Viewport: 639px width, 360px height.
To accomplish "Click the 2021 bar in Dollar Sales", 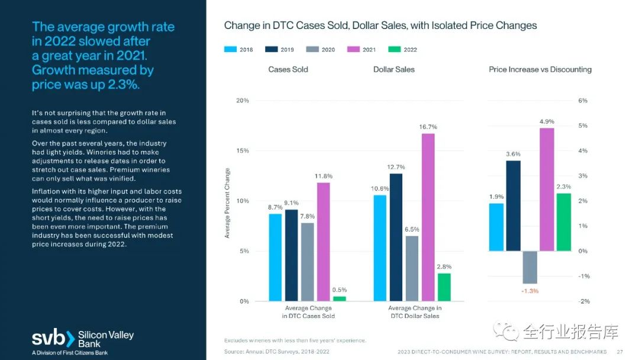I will point(428,217).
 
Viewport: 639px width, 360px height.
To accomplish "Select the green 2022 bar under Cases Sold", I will point(340,298).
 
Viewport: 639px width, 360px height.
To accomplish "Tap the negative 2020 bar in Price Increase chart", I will point(530,267).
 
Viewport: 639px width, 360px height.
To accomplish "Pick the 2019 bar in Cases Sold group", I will point(291,255).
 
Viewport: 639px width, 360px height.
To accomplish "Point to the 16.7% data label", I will point(428,127).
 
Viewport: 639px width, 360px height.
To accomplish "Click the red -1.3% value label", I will point(530,291).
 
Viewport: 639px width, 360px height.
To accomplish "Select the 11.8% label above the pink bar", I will point(324,176).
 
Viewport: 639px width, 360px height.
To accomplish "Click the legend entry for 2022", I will point(402,50).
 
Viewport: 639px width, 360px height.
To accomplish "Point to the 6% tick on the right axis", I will point(582,101).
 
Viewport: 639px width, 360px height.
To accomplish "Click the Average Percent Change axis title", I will point(227,203).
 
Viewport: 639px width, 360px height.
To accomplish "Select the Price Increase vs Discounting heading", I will point(540,69).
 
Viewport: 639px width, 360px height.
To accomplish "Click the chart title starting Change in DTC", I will point(380,25).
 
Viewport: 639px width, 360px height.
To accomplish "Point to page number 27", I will point(620,351).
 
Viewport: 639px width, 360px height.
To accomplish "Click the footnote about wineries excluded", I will point(295,340).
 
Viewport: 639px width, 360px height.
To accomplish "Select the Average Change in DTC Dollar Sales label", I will point(414,312).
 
